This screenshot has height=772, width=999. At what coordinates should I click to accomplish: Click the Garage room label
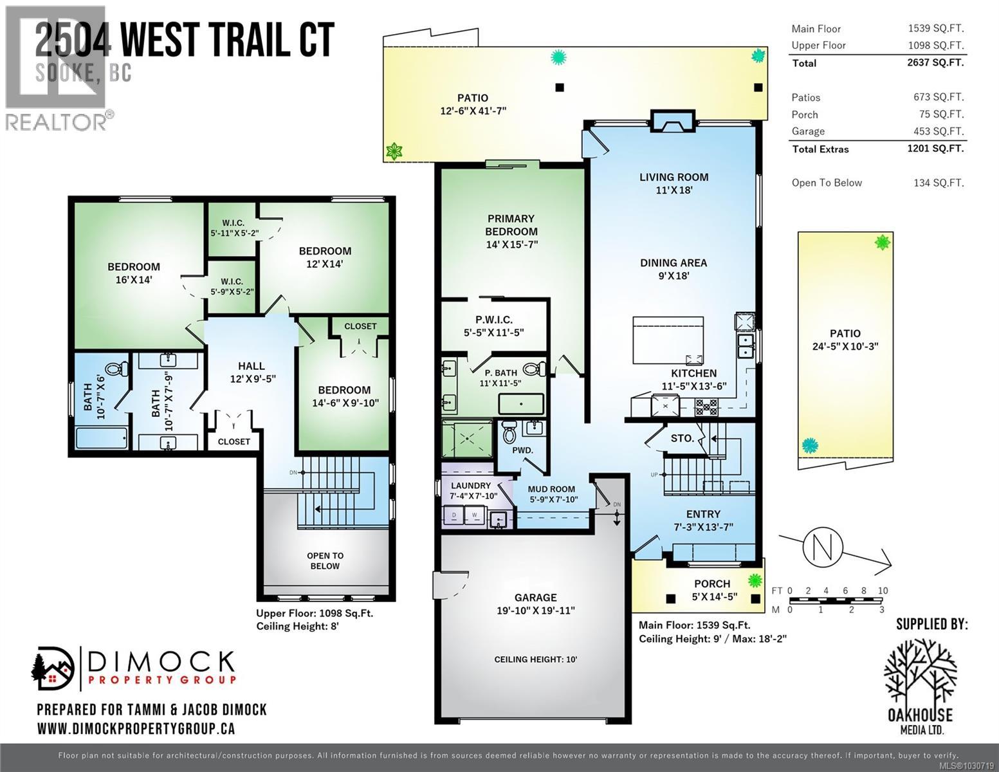click(x=535, y=597)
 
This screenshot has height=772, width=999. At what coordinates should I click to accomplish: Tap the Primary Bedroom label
click(x=511, y=225)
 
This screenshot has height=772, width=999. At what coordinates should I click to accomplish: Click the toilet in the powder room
click(x=509, y=432)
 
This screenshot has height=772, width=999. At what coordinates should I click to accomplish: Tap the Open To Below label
click(x=325, y=560)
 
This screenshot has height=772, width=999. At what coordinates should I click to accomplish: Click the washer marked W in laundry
click(x=475, y=515)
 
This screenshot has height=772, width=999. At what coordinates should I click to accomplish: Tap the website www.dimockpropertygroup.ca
click(x=136, y=728)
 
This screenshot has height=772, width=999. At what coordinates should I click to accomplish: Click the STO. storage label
click(x=682, y=438)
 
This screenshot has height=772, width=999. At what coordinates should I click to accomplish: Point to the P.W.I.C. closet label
click(x=494, y=320)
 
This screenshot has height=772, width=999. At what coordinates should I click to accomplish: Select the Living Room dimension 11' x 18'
click(x=674, y=190)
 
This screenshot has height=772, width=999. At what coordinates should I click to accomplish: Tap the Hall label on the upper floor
click(x=252, y=365)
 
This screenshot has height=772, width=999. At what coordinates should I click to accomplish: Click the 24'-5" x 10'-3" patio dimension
click(x=845, y=345)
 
